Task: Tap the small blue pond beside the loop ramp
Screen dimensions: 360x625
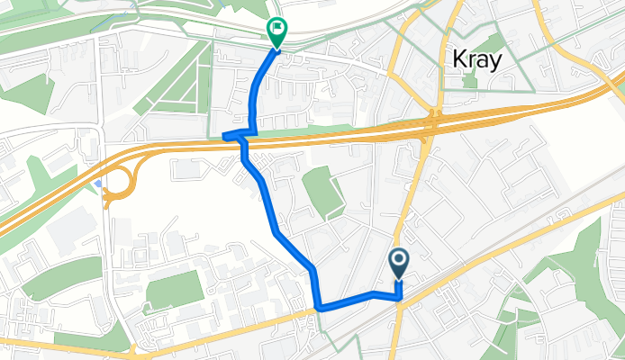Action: (97, 184)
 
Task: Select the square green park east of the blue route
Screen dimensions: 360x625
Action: (322, 192)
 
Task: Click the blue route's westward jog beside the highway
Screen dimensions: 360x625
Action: (232, 137)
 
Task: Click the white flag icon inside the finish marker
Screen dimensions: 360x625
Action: (276, 29)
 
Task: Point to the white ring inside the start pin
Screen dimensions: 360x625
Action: (399, 261)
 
